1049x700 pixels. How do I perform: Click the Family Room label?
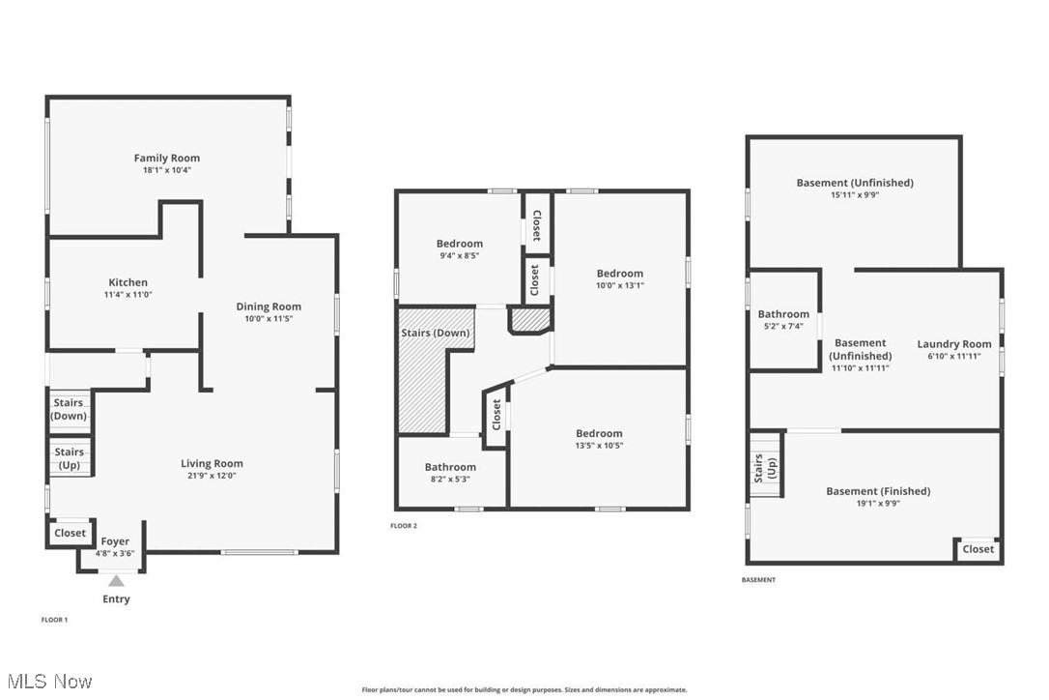[x=166, y=158]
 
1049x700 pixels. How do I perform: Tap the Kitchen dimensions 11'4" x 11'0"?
[x=128, y=294]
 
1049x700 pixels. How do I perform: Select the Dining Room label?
[x=269, y=306]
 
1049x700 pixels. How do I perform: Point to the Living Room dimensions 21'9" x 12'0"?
[x=213, y=475]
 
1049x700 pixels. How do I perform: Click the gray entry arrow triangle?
[x=116, y=581]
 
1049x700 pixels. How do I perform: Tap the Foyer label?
[x=115, y=541]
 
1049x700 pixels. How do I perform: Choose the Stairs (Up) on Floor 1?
[x=69, y=457]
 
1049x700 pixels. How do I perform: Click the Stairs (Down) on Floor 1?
[x=69, y=409]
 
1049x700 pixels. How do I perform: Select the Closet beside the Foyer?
[x=70, y=533]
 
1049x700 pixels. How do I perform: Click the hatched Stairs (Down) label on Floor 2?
[x=436, y=333]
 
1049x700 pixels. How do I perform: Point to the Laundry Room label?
[x=953, y=344]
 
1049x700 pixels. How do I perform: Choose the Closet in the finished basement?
[x=978, y=549]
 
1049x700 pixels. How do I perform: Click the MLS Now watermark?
[x=47, y=682]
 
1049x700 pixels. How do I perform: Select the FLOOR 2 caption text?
[x=404, y=526]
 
